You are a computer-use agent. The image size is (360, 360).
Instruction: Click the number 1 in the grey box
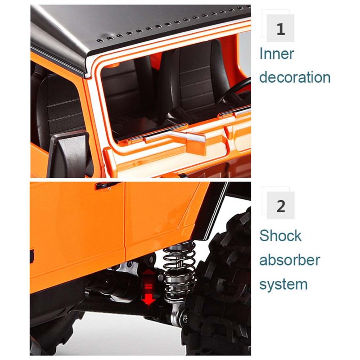coord(281,30)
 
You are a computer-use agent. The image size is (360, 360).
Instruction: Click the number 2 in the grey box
coord(281,207)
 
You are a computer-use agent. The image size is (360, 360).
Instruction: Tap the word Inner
coord(277,54)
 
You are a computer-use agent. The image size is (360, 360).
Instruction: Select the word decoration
coord(295,77)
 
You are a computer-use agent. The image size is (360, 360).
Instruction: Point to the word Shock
coord(280,236)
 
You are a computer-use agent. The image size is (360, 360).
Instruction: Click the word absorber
coord(290,260)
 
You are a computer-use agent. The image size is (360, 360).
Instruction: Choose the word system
coord(283,284)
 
